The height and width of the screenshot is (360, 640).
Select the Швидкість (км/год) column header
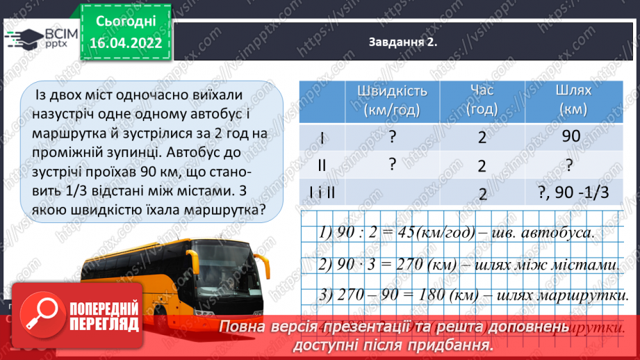[392, 101]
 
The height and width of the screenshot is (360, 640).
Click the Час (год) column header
[482, 101]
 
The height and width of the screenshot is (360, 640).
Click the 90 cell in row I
[571, 137]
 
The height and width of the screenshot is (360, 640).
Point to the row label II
[322, 165]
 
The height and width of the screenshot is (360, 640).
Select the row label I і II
[322, 193]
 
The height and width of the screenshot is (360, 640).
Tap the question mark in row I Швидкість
[393, 137]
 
